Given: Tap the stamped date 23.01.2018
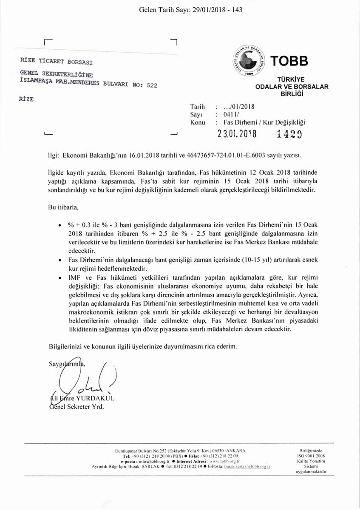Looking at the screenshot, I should [x=237, y=133].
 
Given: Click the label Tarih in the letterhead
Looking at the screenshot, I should [x=198, y=106].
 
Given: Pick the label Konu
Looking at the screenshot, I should [x=198, y=122].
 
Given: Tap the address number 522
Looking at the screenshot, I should [x=151, y=85].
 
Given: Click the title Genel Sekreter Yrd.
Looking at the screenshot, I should [x=77, y=407].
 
